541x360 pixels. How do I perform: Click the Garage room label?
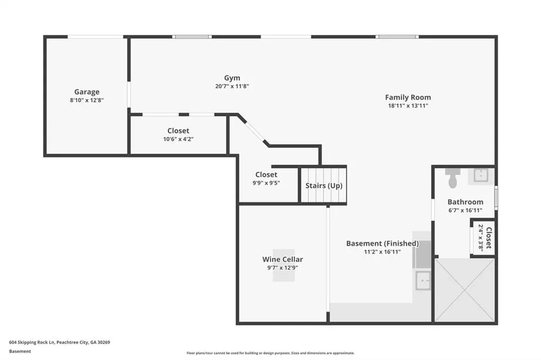87,92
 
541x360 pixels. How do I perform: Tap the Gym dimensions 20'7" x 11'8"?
232,86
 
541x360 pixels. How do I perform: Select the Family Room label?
408,97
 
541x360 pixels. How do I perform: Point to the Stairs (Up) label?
324,185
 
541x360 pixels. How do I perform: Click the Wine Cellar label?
283,259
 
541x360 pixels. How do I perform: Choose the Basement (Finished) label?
383,243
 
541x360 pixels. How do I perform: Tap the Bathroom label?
465,202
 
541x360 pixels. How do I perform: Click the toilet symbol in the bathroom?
453,178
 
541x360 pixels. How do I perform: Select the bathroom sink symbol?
481,176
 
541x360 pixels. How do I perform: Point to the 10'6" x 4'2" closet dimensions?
178,139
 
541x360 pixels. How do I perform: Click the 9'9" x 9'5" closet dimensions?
266,183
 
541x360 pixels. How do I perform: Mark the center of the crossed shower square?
465,290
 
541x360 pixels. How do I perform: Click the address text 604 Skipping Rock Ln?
32,343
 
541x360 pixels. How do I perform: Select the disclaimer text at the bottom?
270,353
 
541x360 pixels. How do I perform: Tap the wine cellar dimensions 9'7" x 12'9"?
283,268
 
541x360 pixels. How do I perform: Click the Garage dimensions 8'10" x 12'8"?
87,100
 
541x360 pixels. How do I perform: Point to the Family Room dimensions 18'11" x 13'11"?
408,106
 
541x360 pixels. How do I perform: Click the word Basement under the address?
20,352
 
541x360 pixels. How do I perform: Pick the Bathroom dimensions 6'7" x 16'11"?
465,210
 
